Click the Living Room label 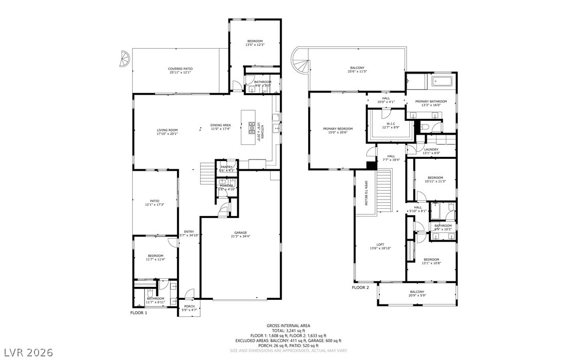167,130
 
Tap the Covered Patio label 180,69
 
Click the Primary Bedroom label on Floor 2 338,129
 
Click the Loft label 380,244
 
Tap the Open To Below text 366,193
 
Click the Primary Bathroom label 431,101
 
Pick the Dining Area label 220,125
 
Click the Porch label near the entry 189,307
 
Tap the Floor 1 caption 138,313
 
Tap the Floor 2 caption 360,287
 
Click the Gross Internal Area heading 288,326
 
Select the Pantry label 226,167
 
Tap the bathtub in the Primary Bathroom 442,81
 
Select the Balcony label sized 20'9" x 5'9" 417,292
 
